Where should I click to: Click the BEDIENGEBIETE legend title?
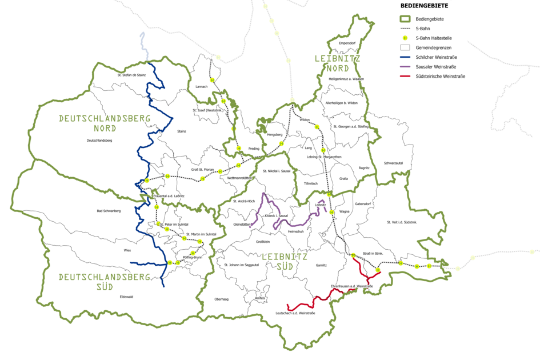[x=423, y=6]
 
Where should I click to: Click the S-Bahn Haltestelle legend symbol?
[x=406, y=38]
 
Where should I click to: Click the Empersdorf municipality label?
[x=348, y=43]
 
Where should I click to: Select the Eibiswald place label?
[x=126, y=297]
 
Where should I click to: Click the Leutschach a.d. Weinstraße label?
[x=295, y=313]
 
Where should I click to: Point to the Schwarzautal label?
[x=394, y=163]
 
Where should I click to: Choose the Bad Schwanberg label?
[x=109, y=211]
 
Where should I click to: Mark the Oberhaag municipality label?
[x=221, y=299]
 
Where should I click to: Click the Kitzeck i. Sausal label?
[x=275, y=215]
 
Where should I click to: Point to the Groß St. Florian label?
[x=202, y=170]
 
